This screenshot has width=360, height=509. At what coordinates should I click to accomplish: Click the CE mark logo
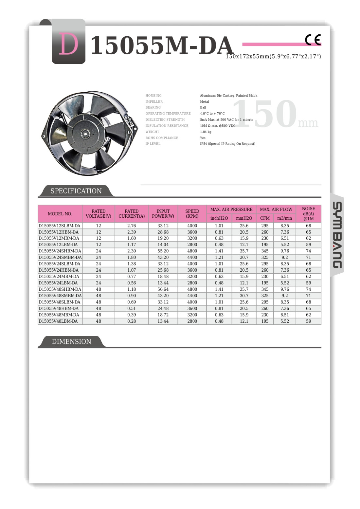tap(313, 40)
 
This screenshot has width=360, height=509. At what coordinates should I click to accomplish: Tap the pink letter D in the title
tap(68, 45)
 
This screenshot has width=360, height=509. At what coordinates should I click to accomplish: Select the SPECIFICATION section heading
tap(76, 191)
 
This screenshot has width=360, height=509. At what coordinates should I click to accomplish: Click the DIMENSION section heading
tap(71, 341)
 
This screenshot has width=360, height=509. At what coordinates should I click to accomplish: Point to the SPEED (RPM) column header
tap(192, 213)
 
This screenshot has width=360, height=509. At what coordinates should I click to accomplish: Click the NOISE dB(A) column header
tap(308, 213)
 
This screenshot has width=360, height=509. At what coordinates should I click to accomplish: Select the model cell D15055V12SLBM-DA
tap(60, 226)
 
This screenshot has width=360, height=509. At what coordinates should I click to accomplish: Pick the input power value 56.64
tap(163, 289)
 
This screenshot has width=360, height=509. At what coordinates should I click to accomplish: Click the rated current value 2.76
tap(132, 226)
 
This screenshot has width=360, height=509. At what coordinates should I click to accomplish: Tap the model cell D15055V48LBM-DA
tap(58, 321)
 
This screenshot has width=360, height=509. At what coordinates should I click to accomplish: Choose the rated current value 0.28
tap(132, 321)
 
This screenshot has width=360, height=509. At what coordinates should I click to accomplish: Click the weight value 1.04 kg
tap(206, 132)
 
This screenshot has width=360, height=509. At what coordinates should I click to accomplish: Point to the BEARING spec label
tap(153, 107)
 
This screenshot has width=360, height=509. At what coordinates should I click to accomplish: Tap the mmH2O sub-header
tap(244, 218)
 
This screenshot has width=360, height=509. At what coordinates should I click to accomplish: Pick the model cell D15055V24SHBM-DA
tap(60, 251)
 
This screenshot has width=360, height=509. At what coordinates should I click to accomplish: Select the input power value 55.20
tap(163, 251)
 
